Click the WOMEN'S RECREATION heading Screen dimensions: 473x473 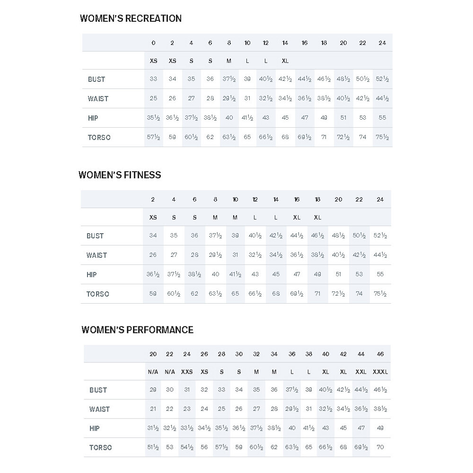tap(131, 18)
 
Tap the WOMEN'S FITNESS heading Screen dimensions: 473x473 tap(120, 175)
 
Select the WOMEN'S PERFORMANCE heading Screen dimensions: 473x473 tap(137, 330)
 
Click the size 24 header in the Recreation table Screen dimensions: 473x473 tap(382, 43)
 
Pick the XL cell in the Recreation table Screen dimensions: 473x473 tap(285, 61)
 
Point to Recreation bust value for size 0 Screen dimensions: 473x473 tap(153, 79)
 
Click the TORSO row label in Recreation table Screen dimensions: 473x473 tap(99, 138)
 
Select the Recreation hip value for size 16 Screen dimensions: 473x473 tap(305, 118)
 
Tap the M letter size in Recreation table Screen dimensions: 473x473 tap(229, 61)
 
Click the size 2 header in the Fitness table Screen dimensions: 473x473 tap(153, 200)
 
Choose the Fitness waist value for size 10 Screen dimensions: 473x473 tap(235, 255)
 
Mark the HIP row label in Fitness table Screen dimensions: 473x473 tap(92, 274)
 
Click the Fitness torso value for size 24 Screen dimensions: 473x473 tap(380, 294)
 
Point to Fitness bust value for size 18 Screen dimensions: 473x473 tap(317, 236)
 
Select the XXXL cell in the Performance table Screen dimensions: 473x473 tap(380, 372)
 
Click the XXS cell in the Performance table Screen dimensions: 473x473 tap(187, 372)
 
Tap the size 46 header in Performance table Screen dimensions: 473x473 tap(381, 354)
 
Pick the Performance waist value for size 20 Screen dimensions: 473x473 tap(153, 409)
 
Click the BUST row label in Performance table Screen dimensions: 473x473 tap(98, 390)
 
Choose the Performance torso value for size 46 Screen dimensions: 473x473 tap(381, 447)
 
